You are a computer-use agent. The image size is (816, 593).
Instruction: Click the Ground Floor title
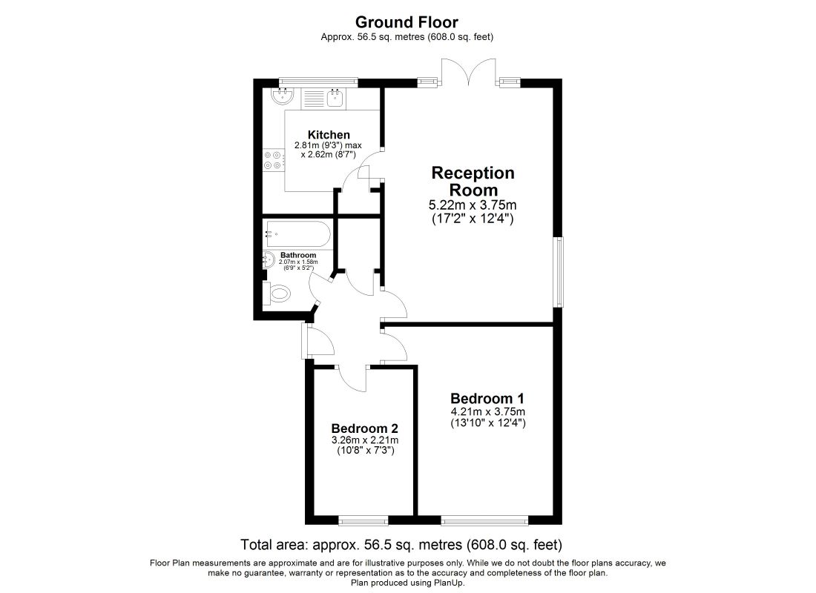[407, 21]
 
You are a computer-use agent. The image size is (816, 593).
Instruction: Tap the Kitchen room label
[329, 135]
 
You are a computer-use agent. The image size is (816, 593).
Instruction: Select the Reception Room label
[473, 181]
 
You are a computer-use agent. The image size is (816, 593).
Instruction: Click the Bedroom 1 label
[487, 399]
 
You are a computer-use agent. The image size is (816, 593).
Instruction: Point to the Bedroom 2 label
[365, 428]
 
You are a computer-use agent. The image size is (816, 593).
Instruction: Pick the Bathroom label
[298, 256]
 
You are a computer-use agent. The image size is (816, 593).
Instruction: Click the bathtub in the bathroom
[297, 234]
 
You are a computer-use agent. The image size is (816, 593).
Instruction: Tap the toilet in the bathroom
[277, 294]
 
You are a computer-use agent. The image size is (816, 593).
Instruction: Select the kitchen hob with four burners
[273, 159]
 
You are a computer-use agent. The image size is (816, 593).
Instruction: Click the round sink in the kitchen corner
[283, 94]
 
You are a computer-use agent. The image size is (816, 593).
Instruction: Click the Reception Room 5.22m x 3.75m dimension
[473, 205]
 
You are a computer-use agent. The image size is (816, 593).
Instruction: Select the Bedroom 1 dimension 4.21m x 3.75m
[487, 411]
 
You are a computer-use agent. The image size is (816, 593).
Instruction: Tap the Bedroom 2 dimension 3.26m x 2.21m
[365, 440]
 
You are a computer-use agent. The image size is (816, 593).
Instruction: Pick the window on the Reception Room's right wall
[558, 272]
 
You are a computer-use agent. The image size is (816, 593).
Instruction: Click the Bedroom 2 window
[363, 520]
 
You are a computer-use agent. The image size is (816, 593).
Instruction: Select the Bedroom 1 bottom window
[484, 520]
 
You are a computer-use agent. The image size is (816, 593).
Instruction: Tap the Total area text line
[401, 545]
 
